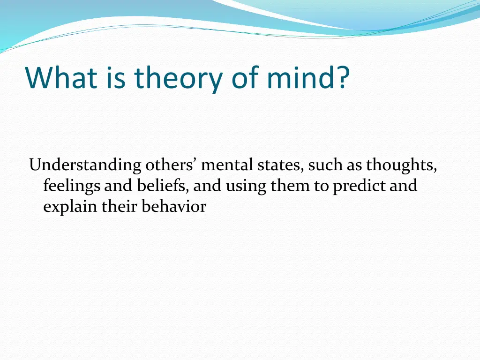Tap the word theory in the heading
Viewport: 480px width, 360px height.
[x=178, y=78]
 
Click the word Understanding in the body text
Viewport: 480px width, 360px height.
[x=85, y=166]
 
